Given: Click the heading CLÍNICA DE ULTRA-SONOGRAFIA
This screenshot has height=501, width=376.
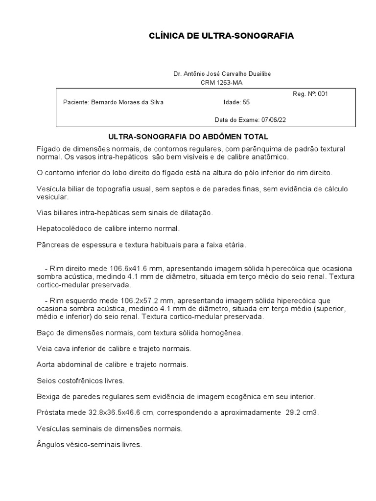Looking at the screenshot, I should (221, 36).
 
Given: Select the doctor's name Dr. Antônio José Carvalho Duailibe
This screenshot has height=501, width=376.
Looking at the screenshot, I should (222, 74).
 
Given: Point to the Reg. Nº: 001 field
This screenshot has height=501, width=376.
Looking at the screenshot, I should (310, 94).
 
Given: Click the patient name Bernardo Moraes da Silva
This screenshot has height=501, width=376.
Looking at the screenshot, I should (127, 102).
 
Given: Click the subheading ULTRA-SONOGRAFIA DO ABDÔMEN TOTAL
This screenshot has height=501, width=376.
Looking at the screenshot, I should (188, 137).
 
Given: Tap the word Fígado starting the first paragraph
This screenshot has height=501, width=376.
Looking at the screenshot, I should (48, 148).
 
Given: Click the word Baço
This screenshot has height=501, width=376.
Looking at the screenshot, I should (45, 333).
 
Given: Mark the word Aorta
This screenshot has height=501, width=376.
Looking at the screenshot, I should (46, 364).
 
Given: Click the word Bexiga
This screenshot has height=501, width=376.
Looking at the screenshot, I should (48, 396).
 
